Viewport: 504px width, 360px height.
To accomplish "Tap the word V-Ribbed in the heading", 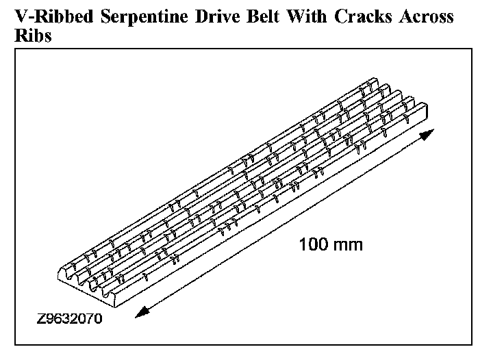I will coord(49,17).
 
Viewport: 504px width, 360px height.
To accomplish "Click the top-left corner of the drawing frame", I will coord(16,49).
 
